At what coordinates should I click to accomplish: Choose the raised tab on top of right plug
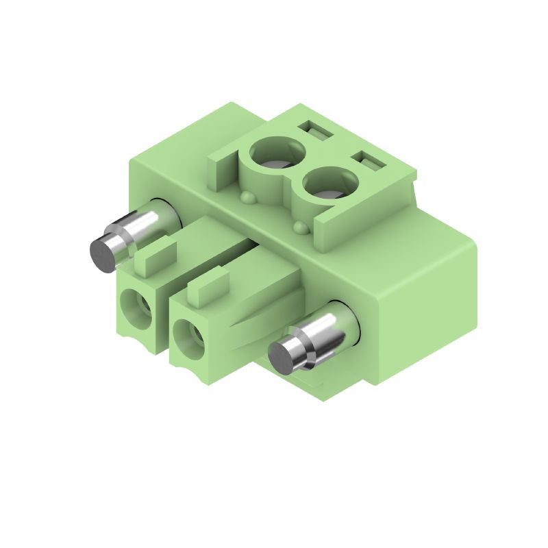[208, 288]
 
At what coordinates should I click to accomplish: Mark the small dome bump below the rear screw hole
[247, 198]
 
